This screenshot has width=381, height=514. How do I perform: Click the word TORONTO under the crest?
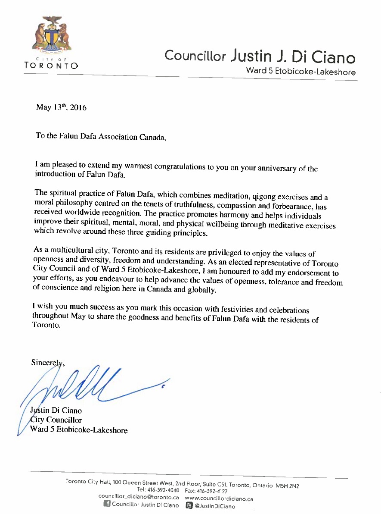(x=51, y=66)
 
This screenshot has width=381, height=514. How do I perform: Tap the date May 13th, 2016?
(x=61, y=107)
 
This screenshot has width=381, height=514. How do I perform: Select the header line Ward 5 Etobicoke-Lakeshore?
(x=300, y=71)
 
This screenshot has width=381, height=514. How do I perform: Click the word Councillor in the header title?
(x=195, y=56)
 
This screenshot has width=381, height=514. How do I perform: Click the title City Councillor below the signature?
(x=56, y=420)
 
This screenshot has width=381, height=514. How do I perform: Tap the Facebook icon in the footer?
(x=106, y=504)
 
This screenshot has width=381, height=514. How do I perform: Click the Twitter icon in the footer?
(x=189, y=505)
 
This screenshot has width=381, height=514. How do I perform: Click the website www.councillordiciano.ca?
(x=219, y=498)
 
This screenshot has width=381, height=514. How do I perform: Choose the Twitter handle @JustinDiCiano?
(x=215, y=506)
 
